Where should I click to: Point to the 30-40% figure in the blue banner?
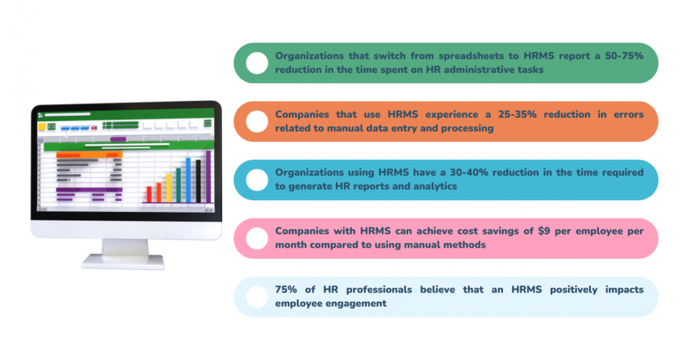pyautogui.click(x=469, y=172)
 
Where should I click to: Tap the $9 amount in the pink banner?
pyautogui.click(x=544, y=231)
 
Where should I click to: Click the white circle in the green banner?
pyautogui.click(x=257, y=63)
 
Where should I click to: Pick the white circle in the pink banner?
pyautogui.click(x=257, y=238)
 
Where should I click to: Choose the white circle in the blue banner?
pyautogui.click(x=257, y=180)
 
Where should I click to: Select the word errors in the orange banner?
pyautogui.click(x=628, y=115)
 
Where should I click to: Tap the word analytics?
pyautogui.click(x=434, y=186)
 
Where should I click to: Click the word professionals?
pyautogui.click(x=379, y=289)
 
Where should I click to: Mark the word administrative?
pyautogui.click(x=476, y=69)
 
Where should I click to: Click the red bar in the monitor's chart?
pyautogui.click(x=149, y=194)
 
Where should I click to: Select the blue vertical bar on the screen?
pyautogui.click(x=188, y=180)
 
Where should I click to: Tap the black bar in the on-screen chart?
pyautogui.click(x=198, y=181)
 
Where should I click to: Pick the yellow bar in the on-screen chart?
pyautogui.click(x=169, y=188)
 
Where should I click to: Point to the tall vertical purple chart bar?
pyautogui.click(x=208, y=177)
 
